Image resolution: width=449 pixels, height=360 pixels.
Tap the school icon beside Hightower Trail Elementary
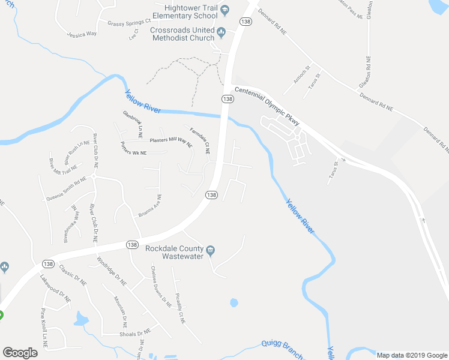tap(224, 10)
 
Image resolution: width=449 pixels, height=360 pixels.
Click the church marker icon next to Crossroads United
tap(221, 32)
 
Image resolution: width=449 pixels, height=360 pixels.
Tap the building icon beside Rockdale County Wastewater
tap(211, 250)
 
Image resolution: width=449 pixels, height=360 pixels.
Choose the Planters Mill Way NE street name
tap(170, 142)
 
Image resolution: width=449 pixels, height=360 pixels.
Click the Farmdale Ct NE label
tap(199, 140)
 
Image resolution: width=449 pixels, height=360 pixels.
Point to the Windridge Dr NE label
tap(113, 270)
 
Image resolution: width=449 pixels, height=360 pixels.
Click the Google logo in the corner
tap(20, 353)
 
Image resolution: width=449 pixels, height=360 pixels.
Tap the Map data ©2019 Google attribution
tap(412, 355)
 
